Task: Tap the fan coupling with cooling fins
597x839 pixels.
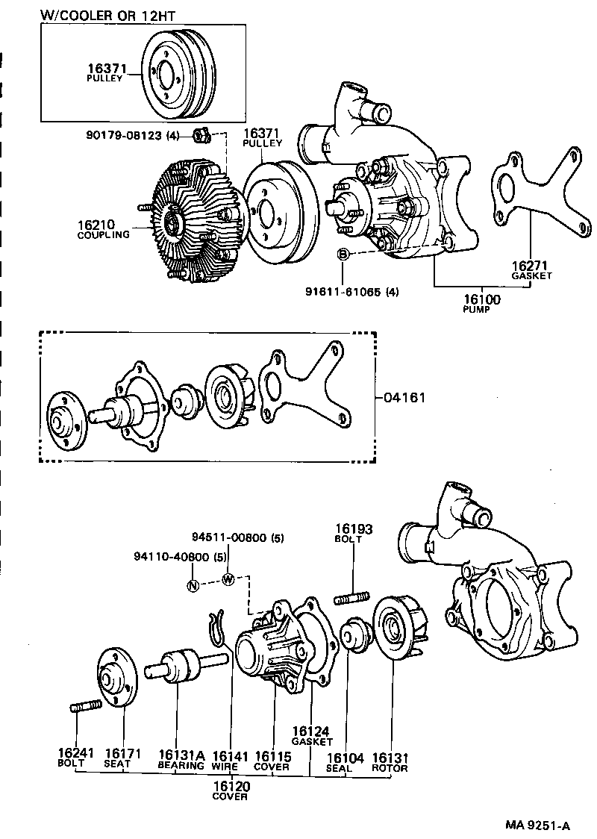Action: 190,222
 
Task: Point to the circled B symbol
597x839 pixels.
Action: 343,256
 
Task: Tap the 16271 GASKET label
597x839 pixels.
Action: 531,269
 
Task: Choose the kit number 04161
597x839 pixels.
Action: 404,397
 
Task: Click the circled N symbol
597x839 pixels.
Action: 193,585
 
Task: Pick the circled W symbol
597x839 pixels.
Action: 228,580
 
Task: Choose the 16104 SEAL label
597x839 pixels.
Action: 345,761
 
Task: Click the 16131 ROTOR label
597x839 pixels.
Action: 390,761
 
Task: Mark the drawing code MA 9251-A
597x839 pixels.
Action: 537,825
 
